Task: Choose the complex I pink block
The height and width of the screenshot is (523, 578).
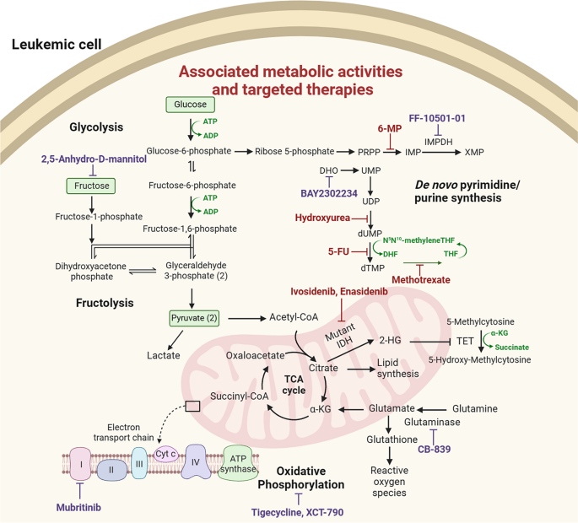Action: (81, 463)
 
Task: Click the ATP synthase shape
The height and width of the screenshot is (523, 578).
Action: (244, 462)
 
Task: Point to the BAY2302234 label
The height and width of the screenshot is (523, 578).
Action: (331, 192)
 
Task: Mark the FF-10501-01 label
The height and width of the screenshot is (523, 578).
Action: (437, 119)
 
